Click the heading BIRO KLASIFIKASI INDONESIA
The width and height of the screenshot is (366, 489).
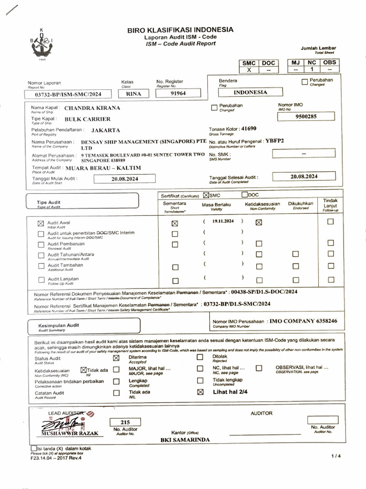coord(180,30)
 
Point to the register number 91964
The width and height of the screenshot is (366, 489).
coord(179,94)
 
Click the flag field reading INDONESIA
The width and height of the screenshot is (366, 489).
coord(250,92)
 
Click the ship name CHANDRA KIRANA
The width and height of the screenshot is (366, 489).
coord(92,108)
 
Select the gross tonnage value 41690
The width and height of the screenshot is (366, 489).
coord(249,128)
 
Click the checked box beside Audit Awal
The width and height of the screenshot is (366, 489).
coord(41,223)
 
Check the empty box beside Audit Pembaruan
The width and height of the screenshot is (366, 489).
coord(41,244)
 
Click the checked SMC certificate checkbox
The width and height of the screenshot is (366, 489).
coord(206,195)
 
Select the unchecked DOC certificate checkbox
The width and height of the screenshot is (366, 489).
coord(244,195)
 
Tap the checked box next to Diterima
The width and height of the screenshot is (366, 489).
coord(116,357)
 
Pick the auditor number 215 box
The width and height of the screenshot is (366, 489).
coord(125,422)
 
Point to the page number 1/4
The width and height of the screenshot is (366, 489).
coord(336,457)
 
